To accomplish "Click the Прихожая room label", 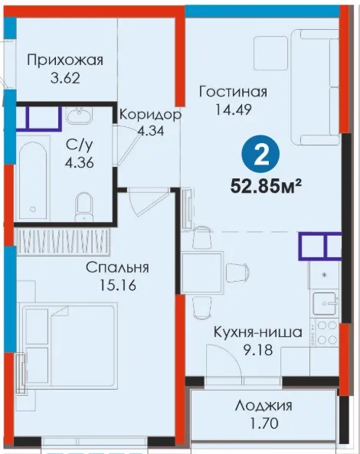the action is (x=65, y=60).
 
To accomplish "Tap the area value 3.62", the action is (x=65, y=78).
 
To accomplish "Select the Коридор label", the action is (x=150, y=115).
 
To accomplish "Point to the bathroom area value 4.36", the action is (x=79, y=163).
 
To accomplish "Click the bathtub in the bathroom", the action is (x=33, y=180).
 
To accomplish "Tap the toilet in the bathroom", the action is (x=83, y=207).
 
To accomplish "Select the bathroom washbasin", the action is (x=79, y=116).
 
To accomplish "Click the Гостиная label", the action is (x=233, y=92).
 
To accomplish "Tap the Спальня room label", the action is (x=117, y=267).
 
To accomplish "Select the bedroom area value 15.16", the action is (x=118, y=286).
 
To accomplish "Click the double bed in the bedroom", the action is (x=69, y=346).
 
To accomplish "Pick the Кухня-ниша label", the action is (x=258, y=332).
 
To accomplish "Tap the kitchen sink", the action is (x=324, y=304).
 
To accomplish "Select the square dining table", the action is (x=202, y=273).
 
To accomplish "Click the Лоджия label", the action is (x=263, y=406).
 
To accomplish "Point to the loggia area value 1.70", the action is (x=263, y=423).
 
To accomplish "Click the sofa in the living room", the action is (x=315, y=87).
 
